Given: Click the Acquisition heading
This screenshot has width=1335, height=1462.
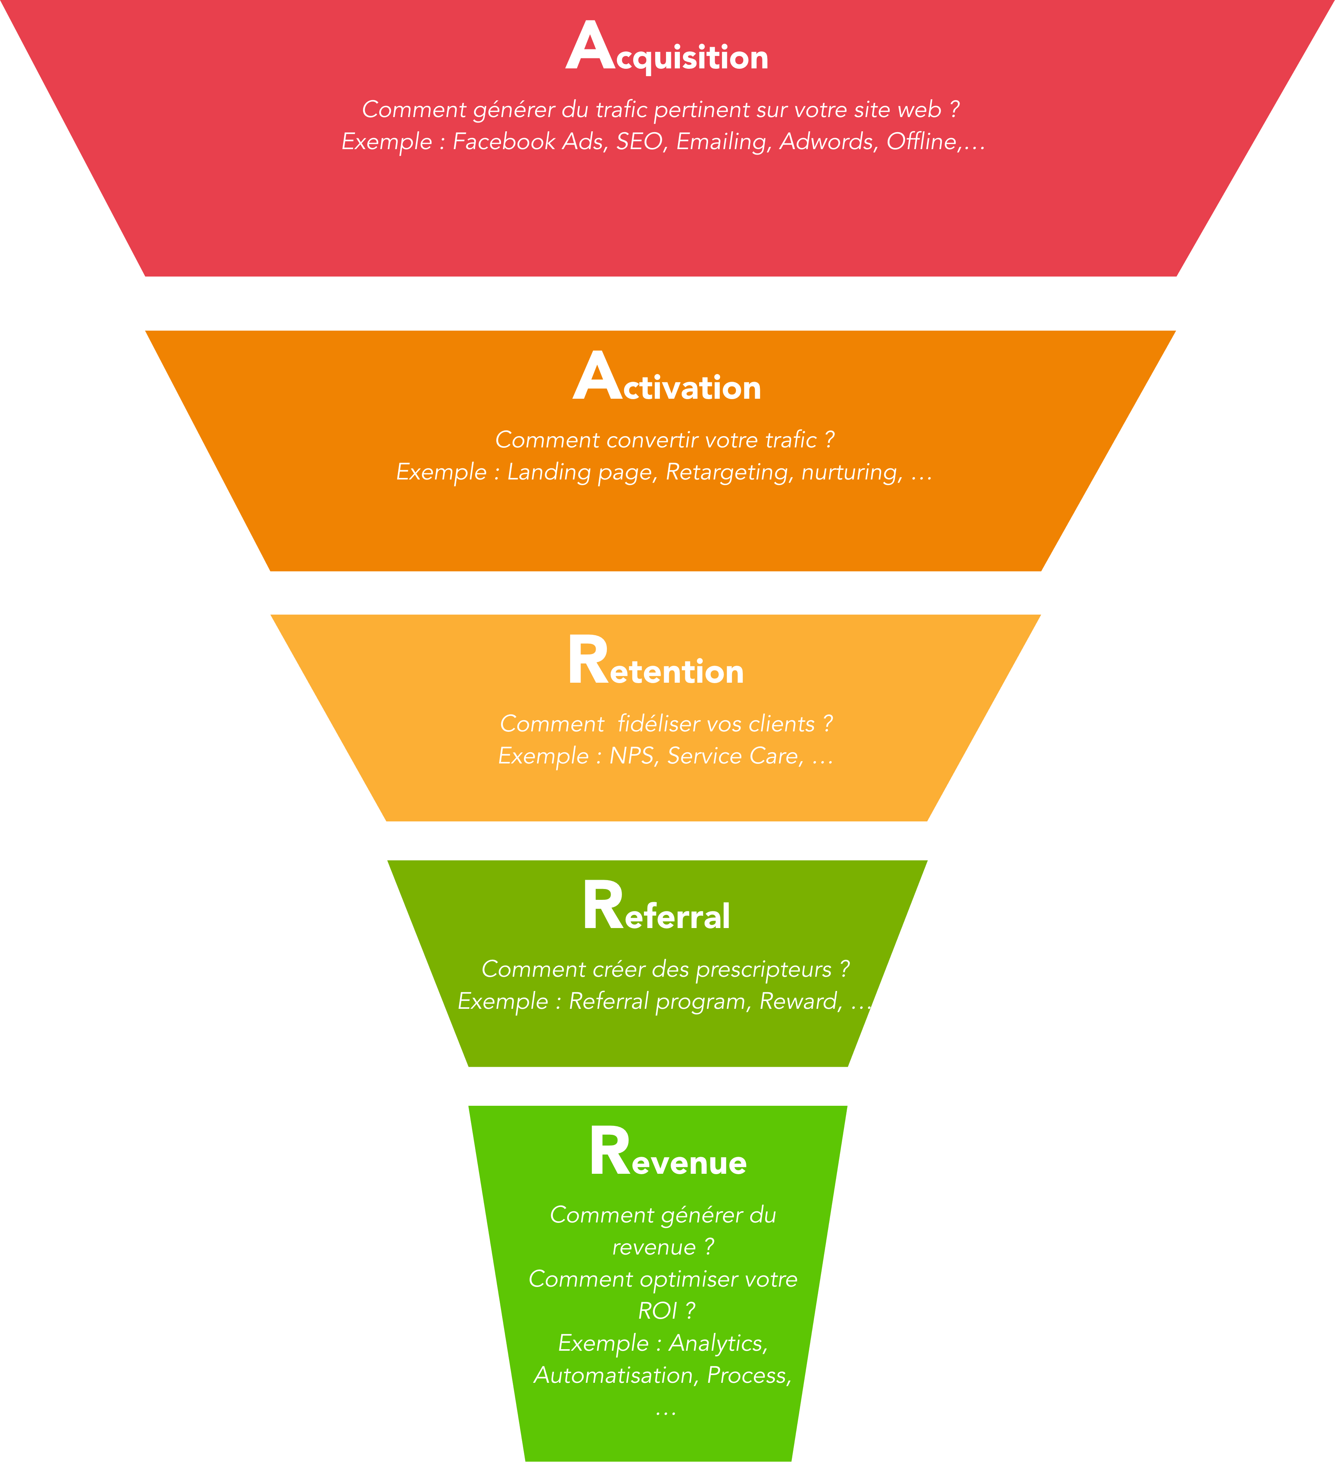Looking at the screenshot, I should (x=667, y=49).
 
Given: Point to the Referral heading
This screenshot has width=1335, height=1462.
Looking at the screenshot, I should (x=656, y=908).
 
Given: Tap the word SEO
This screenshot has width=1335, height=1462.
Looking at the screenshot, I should (x=640, y=141).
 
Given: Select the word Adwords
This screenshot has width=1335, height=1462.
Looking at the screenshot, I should (x=827, y=141).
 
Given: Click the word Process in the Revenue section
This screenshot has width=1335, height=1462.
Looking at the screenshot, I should (x=747, y=1375).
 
